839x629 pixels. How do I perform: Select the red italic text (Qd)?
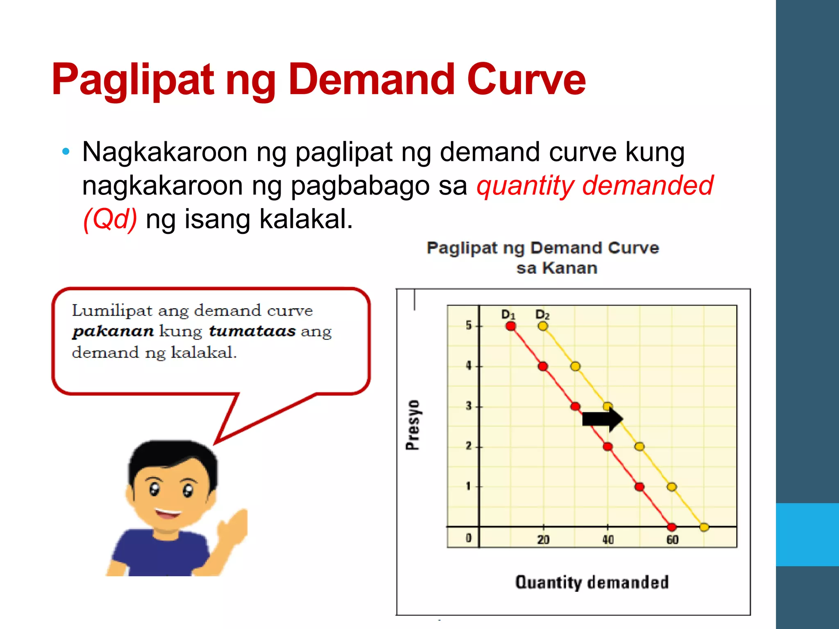click(x=110, y=219)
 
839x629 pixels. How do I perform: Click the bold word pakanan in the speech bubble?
click(x=113, y=331)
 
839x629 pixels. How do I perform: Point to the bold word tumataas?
click(x=252, y=331)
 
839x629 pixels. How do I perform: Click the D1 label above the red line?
click(x=508, y=314)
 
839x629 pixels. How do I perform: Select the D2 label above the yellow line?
click(x=542, y=314)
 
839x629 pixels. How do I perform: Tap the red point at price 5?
click(x=511, y=326)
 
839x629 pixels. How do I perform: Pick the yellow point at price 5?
click(x=543, y=326)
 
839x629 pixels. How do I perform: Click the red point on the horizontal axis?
click(x=671, y=527)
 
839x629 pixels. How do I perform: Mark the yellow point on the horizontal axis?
click(x=704, y=527)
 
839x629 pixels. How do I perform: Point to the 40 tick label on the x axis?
click(x=608, y=540)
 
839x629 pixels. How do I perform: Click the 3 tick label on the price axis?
click(x=469, y=406)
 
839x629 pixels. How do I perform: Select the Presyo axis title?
click(x=413, y=425)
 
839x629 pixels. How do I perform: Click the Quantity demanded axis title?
click(x=592, y=582)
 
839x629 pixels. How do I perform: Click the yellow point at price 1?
click(x=671, y=487)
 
